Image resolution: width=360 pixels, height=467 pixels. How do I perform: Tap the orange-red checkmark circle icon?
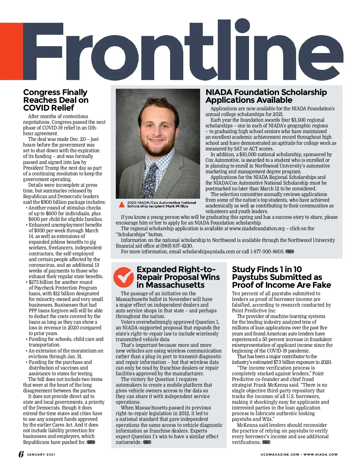123,277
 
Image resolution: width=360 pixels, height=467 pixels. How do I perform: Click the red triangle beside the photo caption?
121,204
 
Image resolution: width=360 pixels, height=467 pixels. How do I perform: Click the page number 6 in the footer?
21,454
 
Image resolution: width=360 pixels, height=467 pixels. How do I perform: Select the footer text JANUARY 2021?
41,454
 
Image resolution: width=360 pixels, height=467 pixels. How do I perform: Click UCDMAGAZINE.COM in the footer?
280,454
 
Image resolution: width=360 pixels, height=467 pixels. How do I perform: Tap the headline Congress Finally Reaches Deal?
55,100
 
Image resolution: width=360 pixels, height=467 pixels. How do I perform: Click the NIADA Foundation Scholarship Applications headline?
266,96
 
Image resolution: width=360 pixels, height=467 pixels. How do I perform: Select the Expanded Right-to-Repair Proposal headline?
178,277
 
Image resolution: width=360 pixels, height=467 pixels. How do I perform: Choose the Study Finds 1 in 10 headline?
281,277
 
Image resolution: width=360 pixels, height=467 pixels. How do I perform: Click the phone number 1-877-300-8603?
267,251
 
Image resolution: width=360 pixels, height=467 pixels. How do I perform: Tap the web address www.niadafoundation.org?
257,228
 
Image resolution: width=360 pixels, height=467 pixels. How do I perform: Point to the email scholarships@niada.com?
208,251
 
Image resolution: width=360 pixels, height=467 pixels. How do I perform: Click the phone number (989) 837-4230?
176,246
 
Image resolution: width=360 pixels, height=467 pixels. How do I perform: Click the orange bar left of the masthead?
11,51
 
